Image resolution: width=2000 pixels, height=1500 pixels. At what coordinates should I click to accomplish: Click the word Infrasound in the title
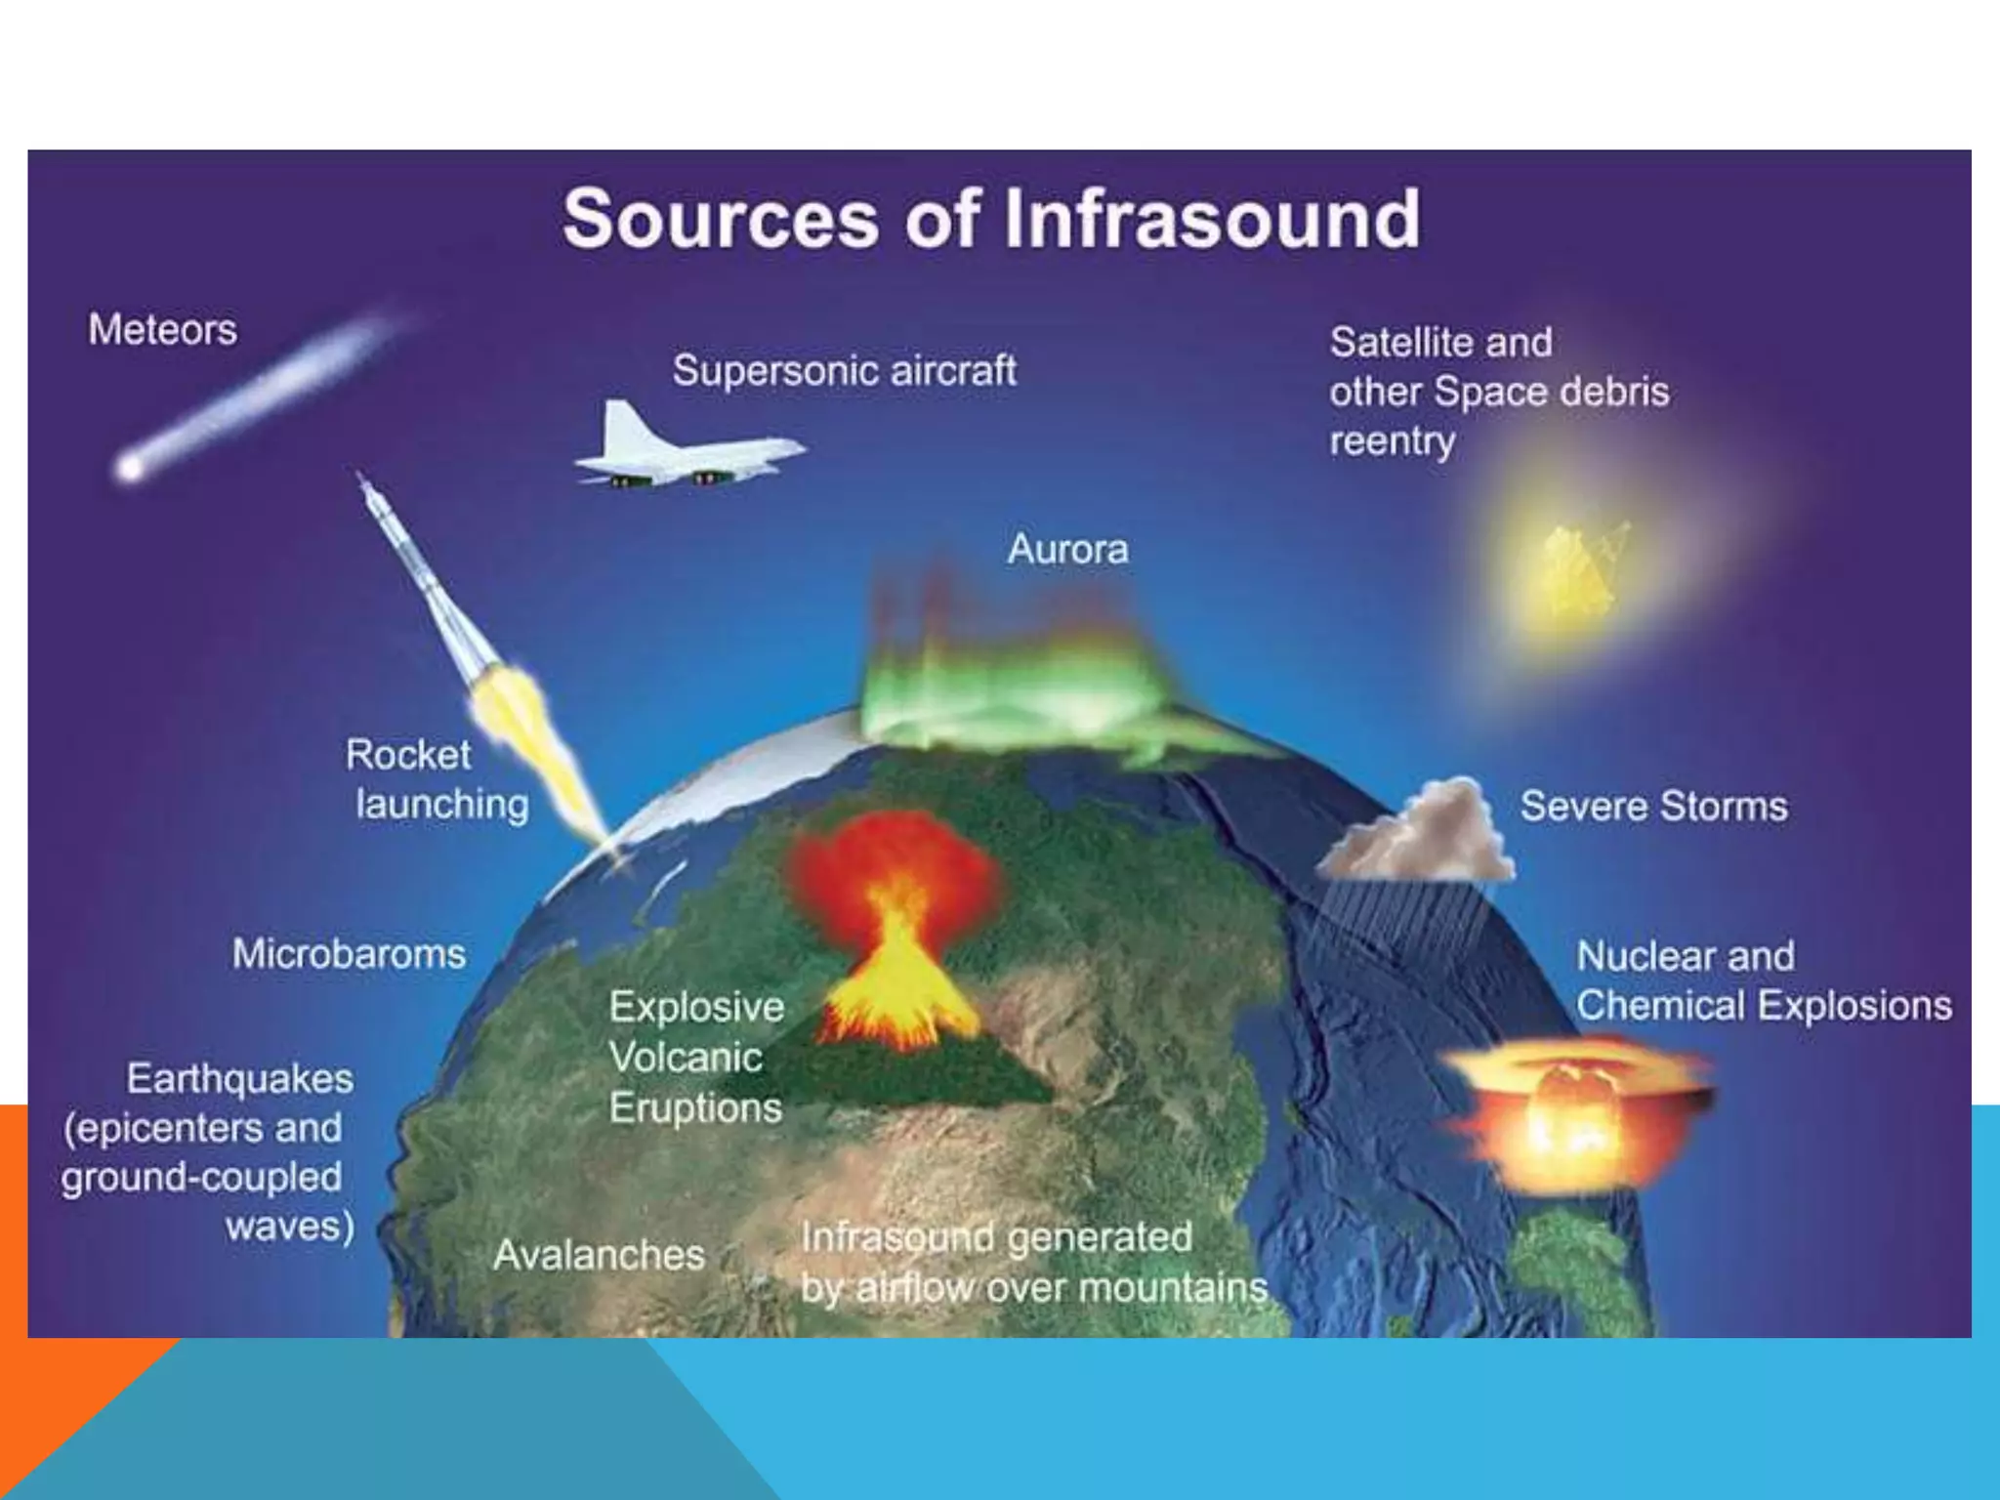[1211, 219]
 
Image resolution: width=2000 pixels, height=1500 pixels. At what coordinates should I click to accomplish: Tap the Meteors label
[162, 330]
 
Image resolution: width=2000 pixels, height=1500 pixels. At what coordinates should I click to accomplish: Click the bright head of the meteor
[130, 469]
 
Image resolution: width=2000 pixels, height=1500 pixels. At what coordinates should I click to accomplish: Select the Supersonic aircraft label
[844, 371]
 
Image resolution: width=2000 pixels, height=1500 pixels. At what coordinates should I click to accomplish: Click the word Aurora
[1067, 549]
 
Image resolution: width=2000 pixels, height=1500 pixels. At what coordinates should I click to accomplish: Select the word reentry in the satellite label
[1392, 442]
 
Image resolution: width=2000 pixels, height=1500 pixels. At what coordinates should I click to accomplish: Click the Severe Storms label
[1653, 807]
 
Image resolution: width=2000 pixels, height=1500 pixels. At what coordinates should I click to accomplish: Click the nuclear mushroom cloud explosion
[1572, 1113]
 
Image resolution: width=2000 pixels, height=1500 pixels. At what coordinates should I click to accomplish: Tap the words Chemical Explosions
[1763, 1006]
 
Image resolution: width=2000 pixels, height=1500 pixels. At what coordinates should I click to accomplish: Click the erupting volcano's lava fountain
[894, 967]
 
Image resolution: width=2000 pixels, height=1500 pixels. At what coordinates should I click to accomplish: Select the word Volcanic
[685, 1058]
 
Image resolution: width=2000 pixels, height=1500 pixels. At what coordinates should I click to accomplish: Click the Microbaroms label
[349, 954]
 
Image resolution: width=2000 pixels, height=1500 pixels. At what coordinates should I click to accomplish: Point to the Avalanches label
[599, 1255]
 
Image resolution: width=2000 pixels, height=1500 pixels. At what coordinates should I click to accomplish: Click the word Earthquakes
[239, 1079]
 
